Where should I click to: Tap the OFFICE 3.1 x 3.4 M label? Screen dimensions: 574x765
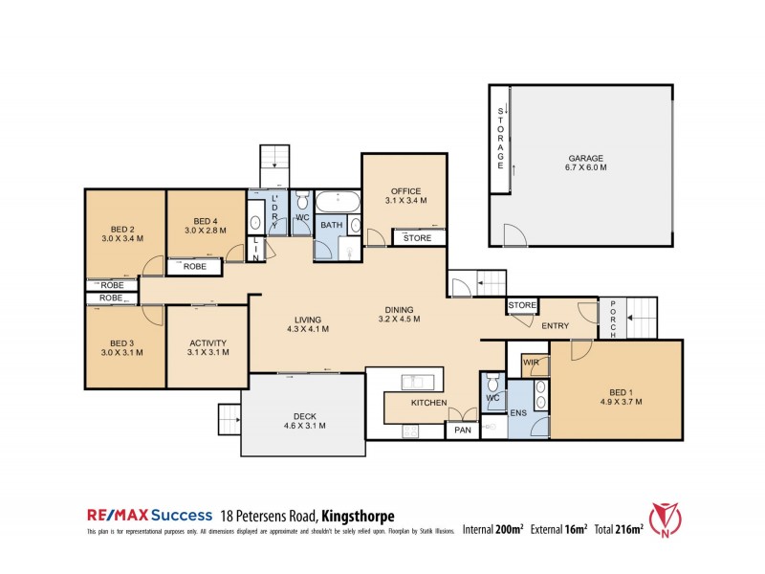click(x=404, y=196)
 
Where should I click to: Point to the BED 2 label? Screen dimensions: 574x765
click(x=120, y=233)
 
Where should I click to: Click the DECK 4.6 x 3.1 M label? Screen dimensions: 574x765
click(x=302, y=420)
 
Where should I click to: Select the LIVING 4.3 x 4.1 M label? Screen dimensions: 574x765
click(x=308, y=323)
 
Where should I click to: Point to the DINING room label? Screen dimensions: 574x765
click(x=400, y=314)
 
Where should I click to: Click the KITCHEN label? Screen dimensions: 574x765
click(x=429, y=404)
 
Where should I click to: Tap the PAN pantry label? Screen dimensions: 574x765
click(x=463, y=430)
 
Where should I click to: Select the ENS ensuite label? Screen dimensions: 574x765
click(x=519, y=413)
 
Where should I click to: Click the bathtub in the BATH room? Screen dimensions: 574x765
click(x=338, y=202)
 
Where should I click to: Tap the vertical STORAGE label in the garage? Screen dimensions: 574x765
click(x=499, y=140)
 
